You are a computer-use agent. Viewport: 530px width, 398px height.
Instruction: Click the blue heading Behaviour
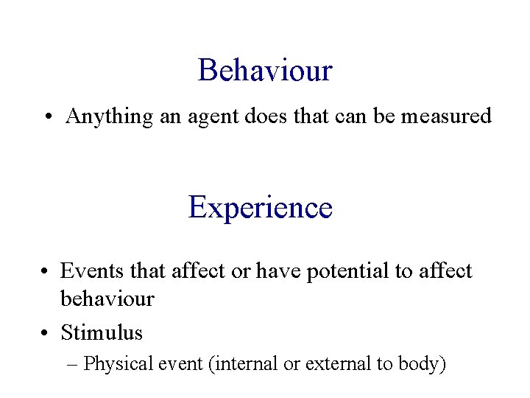click(x=265, y=71)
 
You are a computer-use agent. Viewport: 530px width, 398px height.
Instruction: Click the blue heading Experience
click(x=261, y=207)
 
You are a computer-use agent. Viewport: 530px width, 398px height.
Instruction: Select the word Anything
click(x=109, y=116)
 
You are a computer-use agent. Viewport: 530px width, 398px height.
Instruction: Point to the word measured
click(x=446, y=116)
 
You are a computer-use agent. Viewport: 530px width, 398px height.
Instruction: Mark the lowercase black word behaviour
click(x=107, y=298)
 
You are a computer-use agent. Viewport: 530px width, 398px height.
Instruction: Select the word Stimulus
click(x=102, y=332)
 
